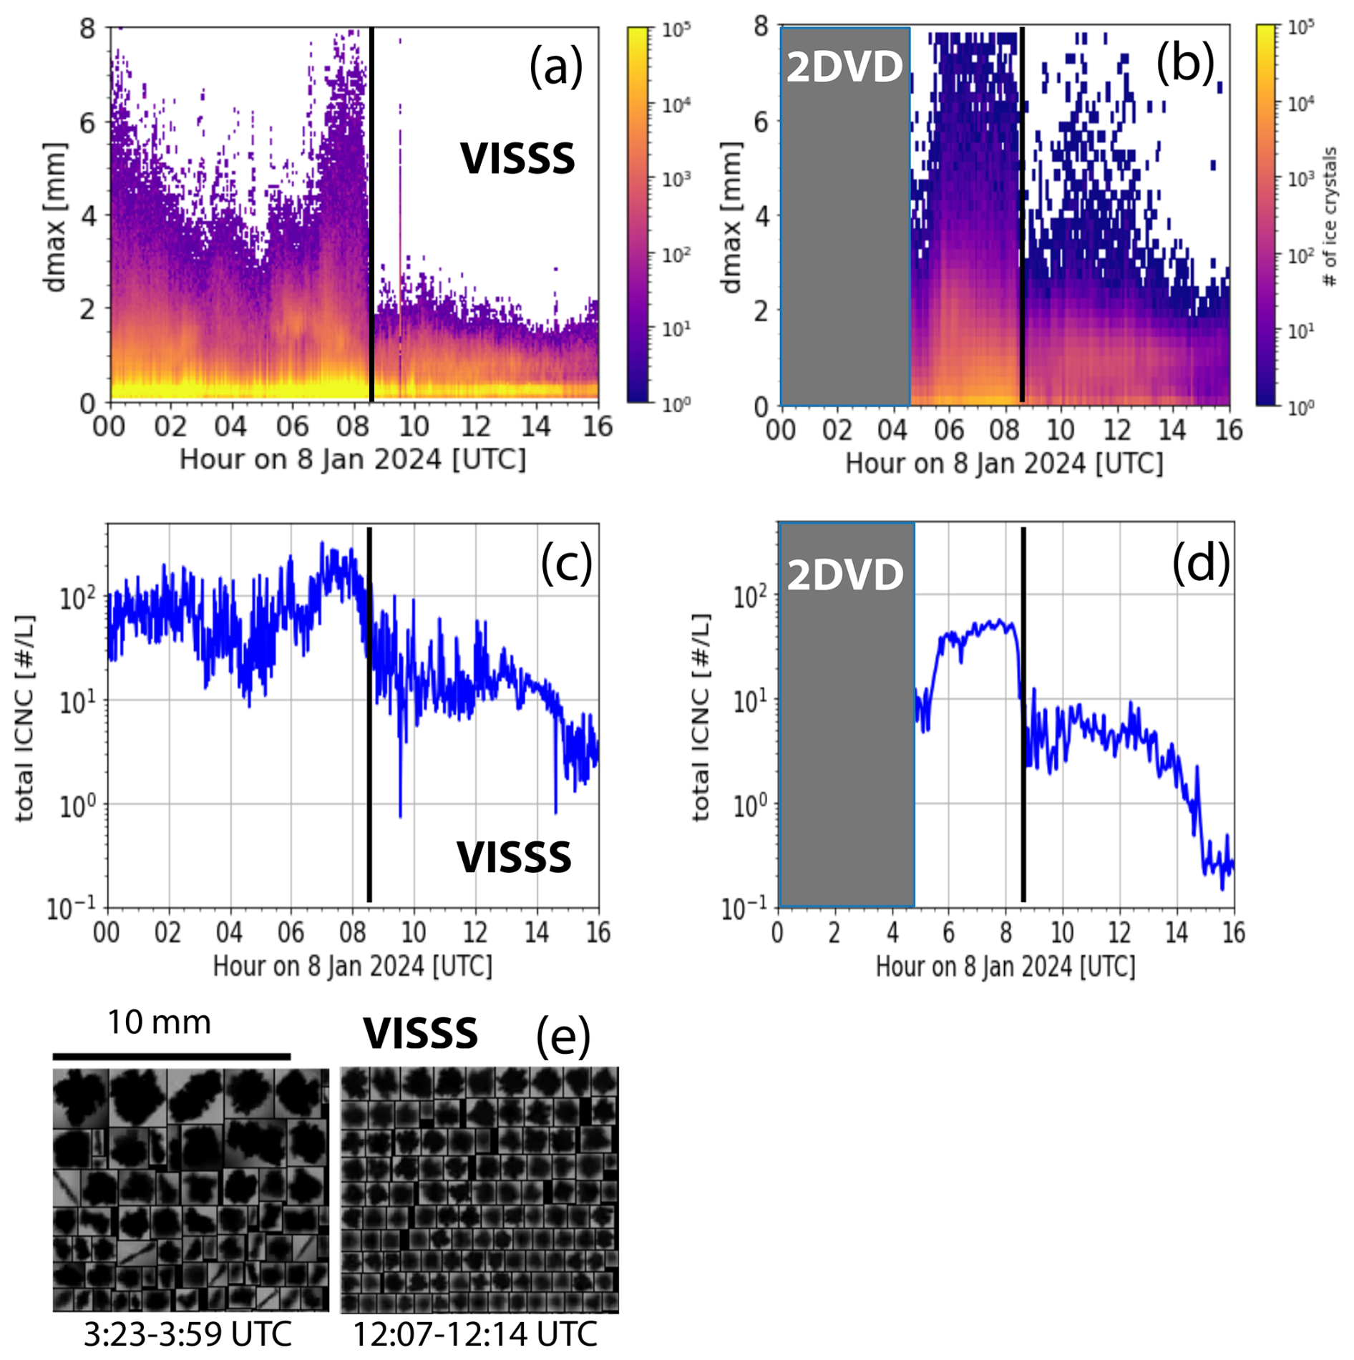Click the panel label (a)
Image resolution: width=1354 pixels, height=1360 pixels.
(x=555, y=67)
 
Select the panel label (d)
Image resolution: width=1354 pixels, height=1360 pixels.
(x=1201, y=562)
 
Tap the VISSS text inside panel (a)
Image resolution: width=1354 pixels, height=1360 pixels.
(x=517, y=159)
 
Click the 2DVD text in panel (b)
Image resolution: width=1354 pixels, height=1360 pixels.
(x=844, y=67)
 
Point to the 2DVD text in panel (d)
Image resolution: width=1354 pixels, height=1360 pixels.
(x=845, y=574)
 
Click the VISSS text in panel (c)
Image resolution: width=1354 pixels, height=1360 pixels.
(x=514, y=857)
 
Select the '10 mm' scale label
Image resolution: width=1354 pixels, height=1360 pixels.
(x=159, y=1022)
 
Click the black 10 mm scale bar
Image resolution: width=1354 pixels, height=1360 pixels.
(x=172, y=1056)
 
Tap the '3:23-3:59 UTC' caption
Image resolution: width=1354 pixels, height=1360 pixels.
(x=187, y=1334)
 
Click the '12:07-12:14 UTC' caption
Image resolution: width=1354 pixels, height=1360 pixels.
(x=475, y=1334)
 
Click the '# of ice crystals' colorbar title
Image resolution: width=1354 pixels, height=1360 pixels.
(x=1330, y=217)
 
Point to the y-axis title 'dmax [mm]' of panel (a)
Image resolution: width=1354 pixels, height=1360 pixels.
(x=54, y=217)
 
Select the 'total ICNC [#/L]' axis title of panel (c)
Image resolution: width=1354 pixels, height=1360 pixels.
(x=24, y=718)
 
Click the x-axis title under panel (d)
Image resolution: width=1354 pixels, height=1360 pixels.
(x=1005, y=967)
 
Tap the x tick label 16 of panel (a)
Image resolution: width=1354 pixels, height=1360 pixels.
(x=598, y=427)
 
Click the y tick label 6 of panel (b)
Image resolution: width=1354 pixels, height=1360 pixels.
(x=761, y=122)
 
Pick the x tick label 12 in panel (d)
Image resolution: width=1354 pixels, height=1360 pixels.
(x=1119, y=932)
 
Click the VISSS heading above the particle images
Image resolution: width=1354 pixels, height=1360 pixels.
(x=420, y=1034)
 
